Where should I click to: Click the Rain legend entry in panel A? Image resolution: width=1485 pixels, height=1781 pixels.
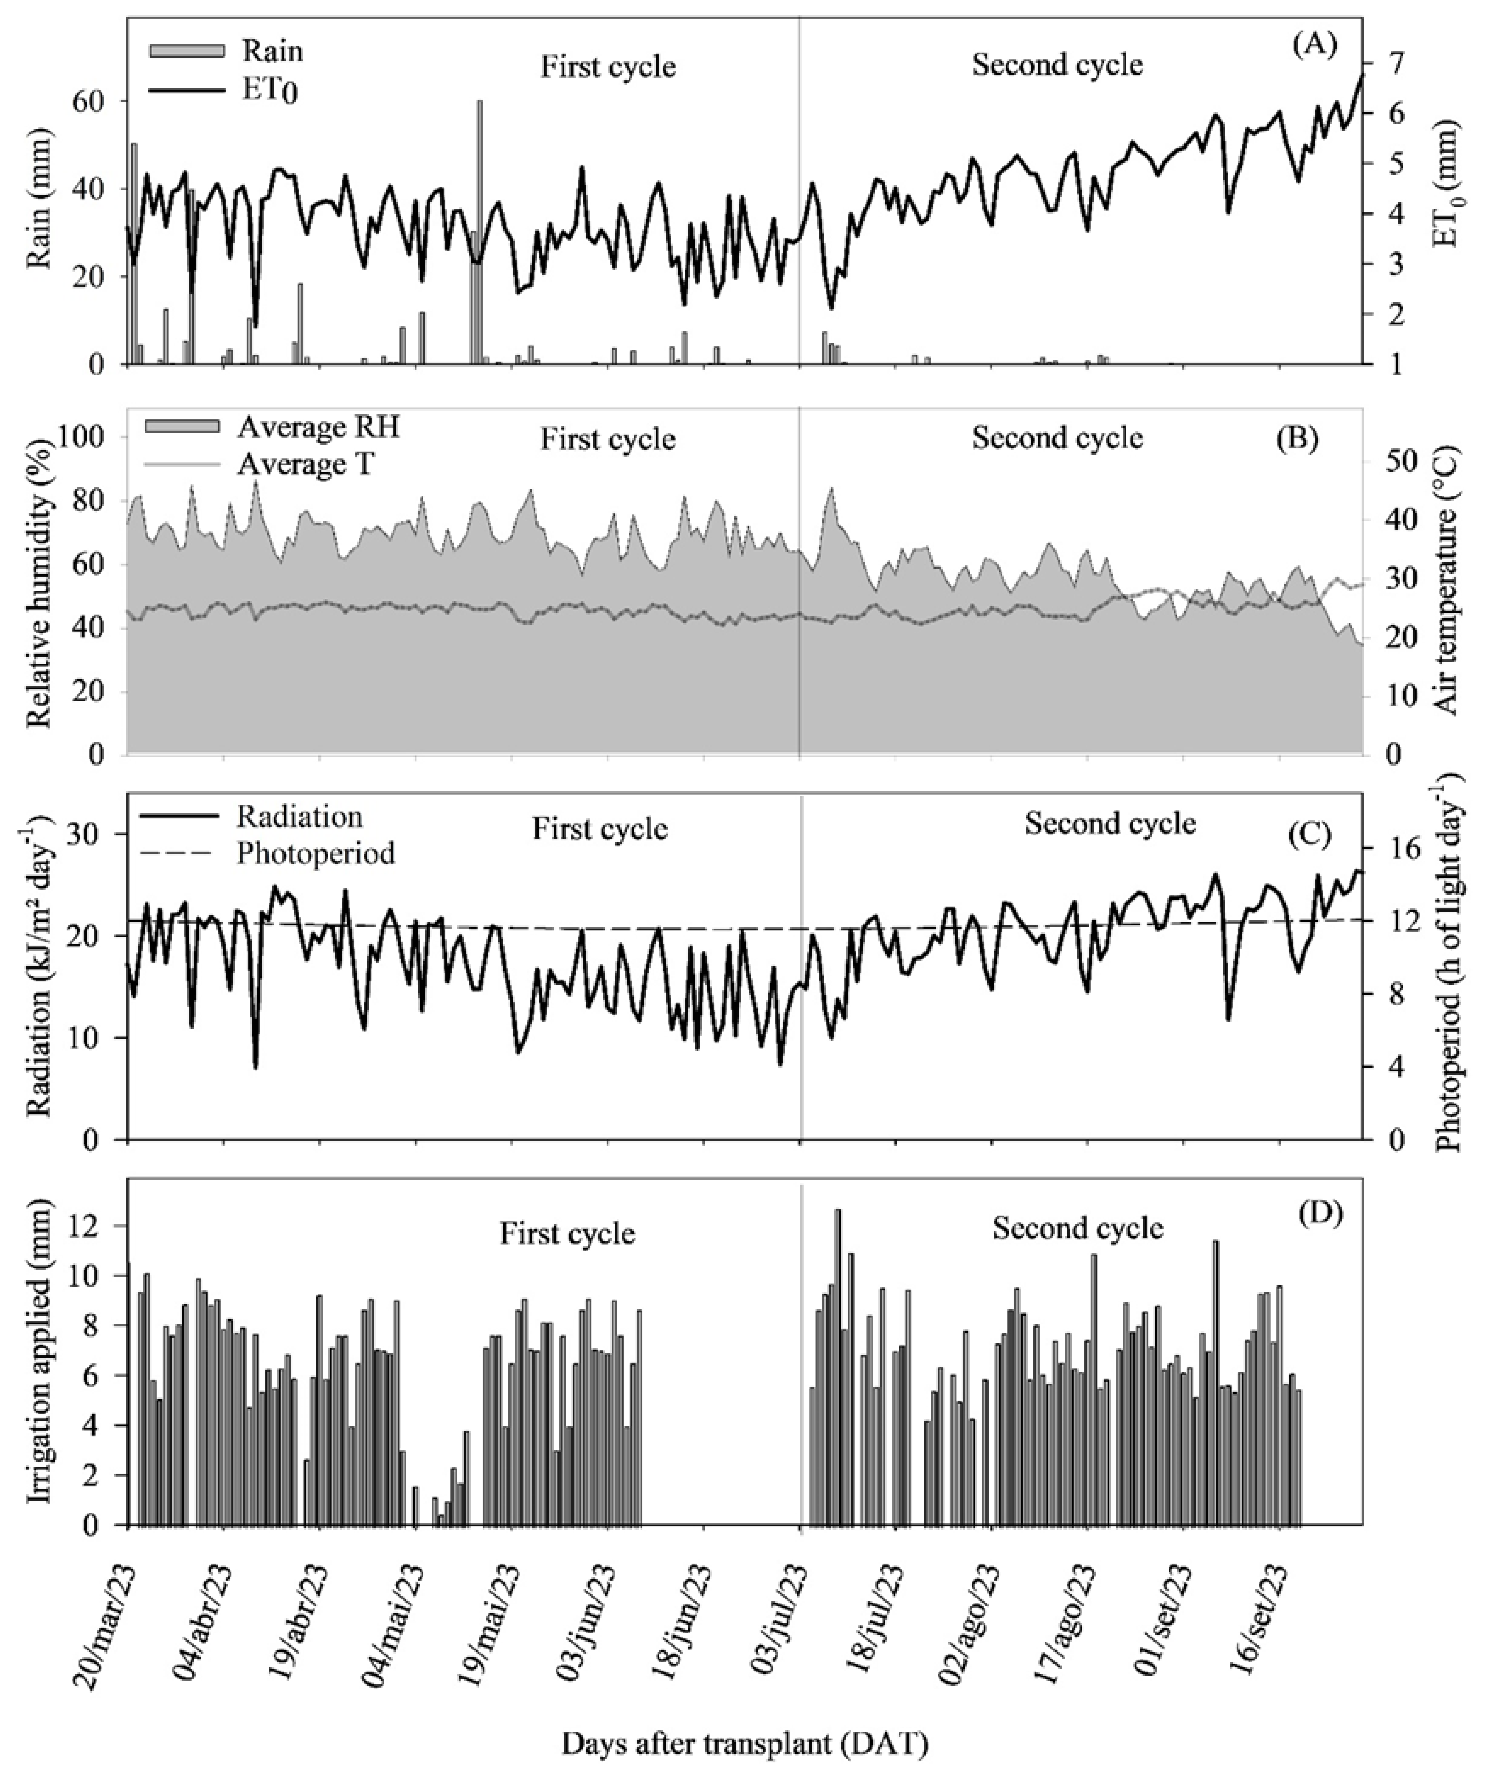pyautogui.click(x=271, y=51)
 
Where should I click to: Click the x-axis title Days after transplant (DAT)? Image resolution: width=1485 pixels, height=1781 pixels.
pyautogui.click(x=744, y=1744)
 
